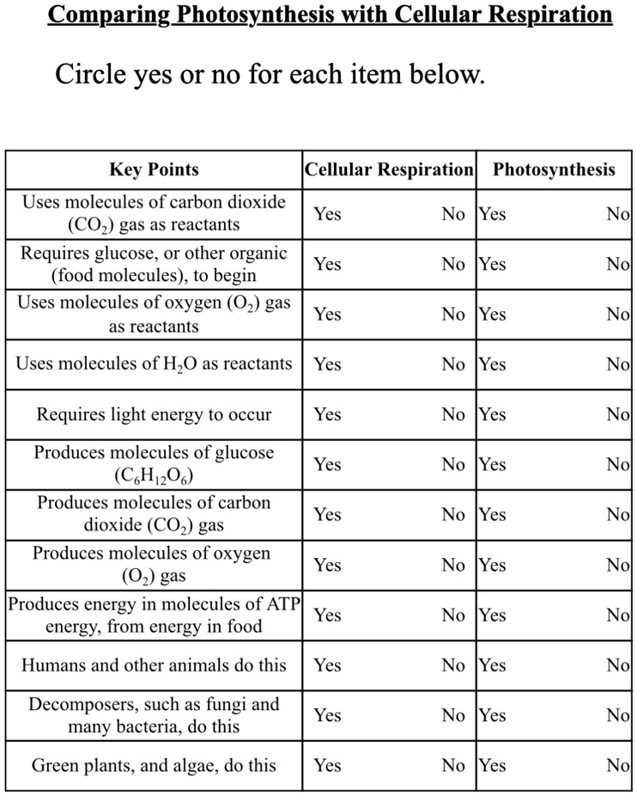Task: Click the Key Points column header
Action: coord(154,169)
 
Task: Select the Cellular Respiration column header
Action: coord(389,169)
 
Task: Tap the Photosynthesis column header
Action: coord(554,169)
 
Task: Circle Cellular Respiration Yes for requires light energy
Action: coord(327,414)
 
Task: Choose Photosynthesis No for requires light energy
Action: coord(617,414)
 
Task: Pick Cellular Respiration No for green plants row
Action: coord(453,765)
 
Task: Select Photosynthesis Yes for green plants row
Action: coord(493,765)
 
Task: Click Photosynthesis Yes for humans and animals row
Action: coord(493,664)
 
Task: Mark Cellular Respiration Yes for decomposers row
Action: coord(327,715)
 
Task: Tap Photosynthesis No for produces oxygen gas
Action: coord(617,565)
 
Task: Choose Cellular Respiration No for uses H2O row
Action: coord(453,364)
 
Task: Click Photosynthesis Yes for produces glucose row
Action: coord(493,464)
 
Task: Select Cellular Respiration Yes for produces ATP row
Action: coord(327,615)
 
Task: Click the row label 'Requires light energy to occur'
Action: coord(154,415)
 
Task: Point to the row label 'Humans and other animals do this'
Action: coord(154,665)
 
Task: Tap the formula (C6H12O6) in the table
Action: coord(154,475)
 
